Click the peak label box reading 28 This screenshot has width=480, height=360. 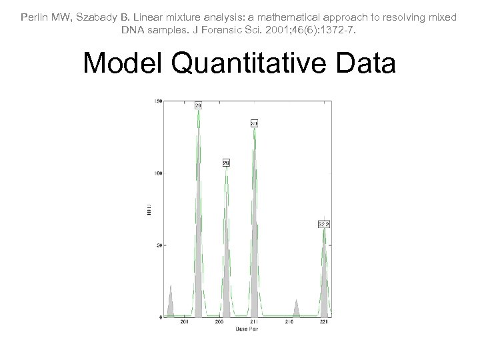198,105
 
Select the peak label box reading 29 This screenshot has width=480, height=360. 226,163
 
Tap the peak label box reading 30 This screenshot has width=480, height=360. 255,123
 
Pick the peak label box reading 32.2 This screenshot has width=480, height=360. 324,224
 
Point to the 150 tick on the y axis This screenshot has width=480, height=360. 158,101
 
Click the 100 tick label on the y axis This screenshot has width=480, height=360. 158,173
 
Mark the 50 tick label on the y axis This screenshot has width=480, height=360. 159,245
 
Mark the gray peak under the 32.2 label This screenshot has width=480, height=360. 324,280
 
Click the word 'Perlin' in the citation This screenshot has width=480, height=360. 36,17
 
